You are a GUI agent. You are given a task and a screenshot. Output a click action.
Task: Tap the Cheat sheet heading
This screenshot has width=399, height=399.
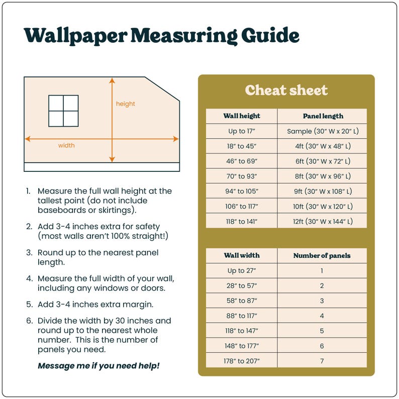pos(286,90)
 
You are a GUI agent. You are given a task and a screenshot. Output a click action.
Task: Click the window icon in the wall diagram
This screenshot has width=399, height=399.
pos(63,111)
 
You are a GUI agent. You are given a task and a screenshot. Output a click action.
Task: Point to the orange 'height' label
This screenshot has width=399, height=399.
pos(126,104)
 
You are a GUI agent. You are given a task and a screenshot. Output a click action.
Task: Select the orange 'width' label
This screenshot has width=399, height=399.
pos(66,146)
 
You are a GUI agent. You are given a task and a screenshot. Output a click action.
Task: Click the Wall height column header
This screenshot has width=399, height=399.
pos(242,116)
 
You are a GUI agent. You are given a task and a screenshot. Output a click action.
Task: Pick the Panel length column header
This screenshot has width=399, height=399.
pos(323,116)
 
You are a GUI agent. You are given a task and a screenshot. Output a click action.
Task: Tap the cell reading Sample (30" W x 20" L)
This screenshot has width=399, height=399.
pos(323,131)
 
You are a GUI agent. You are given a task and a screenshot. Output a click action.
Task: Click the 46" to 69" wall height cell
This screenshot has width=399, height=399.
pos(242,161)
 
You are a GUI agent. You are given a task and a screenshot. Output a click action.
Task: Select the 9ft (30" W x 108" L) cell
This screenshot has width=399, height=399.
pos(323,191)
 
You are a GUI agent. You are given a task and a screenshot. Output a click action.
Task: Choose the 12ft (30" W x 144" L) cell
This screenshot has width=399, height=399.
pos(323,221)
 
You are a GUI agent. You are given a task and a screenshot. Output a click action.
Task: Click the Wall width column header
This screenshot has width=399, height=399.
pos(242,255)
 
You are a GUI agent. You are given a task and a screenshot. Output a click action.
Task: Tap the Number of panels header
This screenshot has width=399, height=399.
pos(322,255)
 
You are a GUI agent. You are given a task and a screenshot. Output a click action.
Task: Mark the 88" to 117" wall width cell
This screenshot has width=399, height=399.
pos(242,316)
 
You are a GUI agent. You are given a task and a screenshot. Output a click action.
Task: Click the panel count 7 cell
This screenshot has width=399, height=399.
pos(322,361)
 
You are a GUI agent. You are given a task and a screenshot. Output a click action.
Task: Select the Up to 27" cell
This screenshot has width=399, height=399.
pos(242,270)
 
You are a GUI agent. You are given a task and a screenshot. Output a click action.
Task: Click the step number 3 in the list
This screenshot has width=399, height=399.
pos(29,252)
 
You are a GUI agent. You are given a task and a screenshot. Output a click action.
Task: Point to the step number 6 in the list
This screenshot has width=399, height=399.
pos(29,321)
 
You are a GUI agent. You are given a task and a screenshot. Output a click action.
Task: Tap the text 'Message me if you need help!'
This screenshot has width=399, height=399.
pos(98,365)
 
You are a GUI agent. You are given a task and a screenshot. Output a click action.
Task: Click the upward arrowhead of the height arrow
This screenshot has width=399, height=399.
pos(112,80)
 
